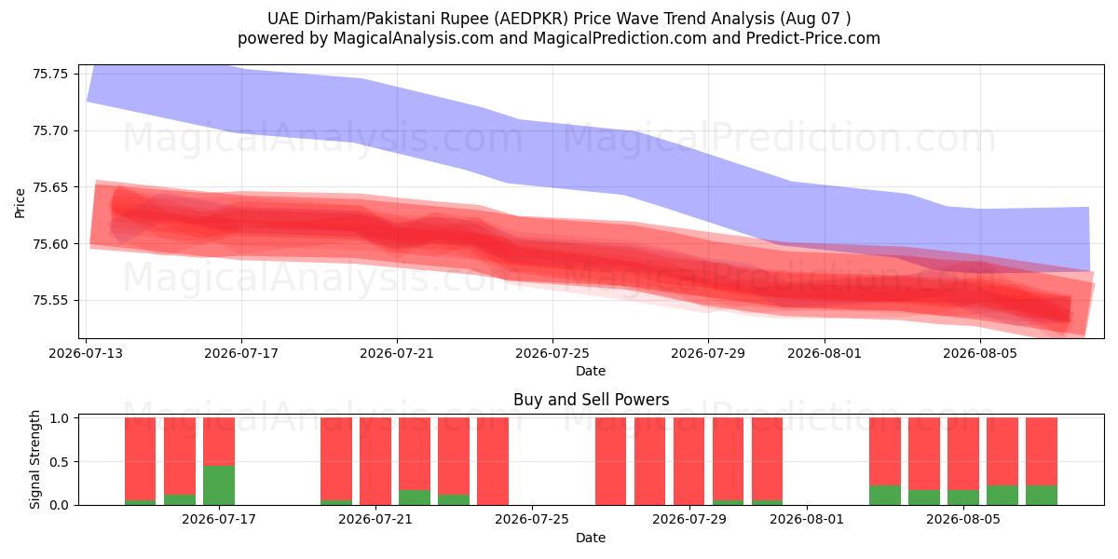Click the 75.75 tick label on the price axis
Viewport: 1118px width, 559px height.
tap(50, 74)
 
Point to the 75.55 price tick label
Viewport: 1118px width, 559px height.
tap(50, 300)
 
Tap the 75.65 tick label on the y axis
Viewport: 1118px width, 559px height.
tap(50, 187)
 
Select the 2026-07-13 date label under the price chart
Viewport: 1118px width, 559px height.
tap(86, 353)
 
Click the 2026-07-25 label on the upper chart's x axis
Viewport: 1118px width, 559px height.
tap(552, 353)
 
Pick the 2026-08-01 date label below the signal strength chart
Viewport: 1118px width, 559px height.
tap(807, 520)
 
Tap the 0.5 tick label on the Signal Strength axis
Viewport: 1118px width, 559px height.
tap(60, 462)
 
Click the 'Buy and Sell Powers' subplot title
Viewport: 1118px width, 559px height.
tap(591, 400)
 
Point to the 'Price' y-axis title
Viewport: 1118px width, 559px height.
tap(20, 203)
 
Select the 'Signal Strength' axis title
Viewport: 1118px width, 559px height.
tap(34, 459)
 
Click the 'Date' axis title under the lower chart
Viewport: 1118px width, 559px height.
tap(591, 538)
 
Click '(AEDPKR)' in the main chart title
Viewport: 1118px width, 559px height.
tap(531, 19)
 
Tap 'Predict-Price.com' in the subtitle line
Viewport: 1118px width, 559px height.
tap(813, 38)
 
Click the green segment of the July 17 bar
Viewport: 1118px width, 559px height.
tap(219, 485)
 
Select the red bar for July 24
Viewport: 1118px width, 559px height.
tap(493, 461)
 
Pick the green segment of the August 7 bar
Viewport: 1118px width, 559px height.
tap(1042, 495)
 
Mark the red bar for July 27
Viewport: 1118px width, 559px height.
tap(610, 461)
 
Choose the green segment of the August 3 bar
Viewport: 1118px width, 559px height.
tap(885, 495)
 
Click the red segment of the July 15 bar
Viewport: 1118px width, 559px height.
tap(180, 457)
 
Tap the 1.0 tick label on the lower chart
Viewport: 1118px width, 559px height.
tap(60, 417)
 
